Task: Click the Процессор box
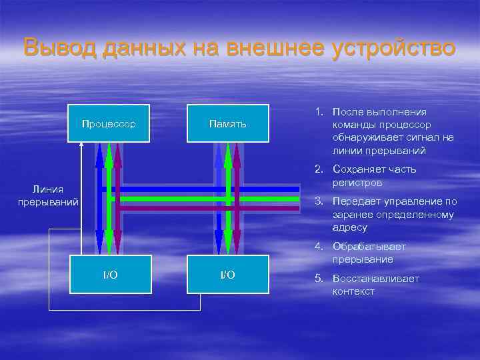(108, 124)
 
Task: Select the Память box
(227, 124)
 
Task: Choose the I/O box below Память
(227, 275)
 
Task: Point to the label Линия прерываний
(48, 195)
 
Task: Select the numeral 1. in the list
(318, 113)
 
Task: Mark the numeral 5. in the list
(318, 279)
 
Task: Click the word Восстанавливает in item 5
(375, 279)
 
